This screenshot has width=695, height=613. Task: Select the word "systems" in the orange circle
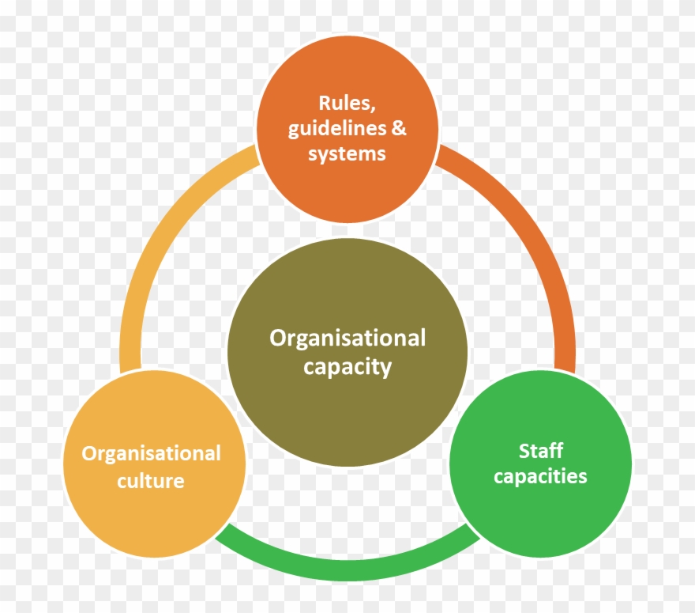point(347,153)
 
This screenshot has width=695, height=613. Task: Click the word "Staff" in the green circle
point(541,451)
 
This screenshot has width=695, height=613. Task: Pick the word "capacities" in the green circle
point(540,476)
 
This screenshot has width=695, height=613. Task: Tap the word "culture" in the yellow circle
point(151,479)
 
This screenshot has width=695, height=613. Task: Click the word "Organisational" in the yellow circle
point(151,453)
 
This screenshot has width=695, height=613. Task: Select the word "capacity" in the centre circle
point(347,366)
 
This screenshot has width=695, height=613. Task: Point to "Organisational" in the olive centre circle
point(347,339)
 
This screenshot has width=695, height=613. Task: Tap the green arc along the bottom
point(347,567)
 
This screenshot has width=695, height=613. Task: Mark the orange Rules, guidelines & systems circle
point(347,190)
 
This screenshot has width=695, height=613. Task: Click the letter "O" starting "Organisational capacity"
point(278,339)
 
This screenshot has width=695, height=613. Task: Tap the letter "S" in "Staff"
point(524,451)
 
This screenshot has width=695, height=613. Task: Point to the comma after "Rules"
point(372,108)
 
